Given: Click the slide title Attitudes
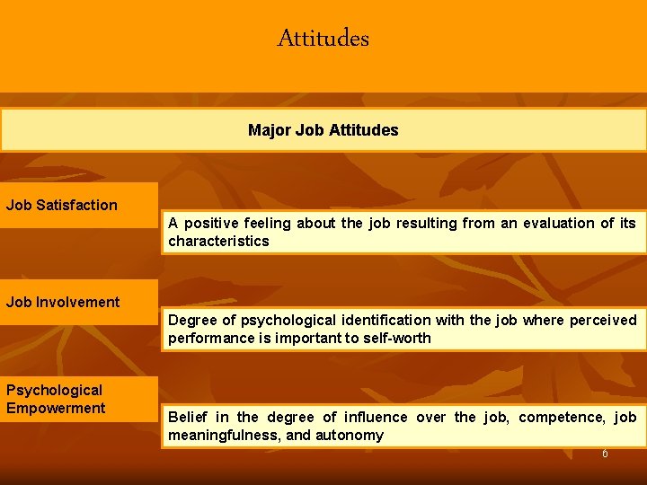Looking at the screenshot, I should coord(323,39).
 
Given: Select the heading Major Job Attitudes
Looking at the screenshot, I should coord(323,130).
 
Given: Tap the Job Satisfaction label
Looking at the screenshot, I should coord(62,205).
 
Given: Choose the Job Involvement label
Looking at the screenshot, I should coord(63,302).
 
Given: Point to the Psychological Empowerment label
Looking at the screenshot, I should coord(56,399).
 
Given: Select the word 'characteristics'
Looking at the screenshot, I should coord(218,241).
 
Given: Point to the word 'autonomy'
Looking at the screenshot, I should coord(351,435).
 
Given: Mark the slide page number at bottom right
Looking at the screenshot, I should coord(605,454).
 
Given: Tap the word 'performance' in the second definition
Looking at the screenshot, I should coord(208,338).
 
